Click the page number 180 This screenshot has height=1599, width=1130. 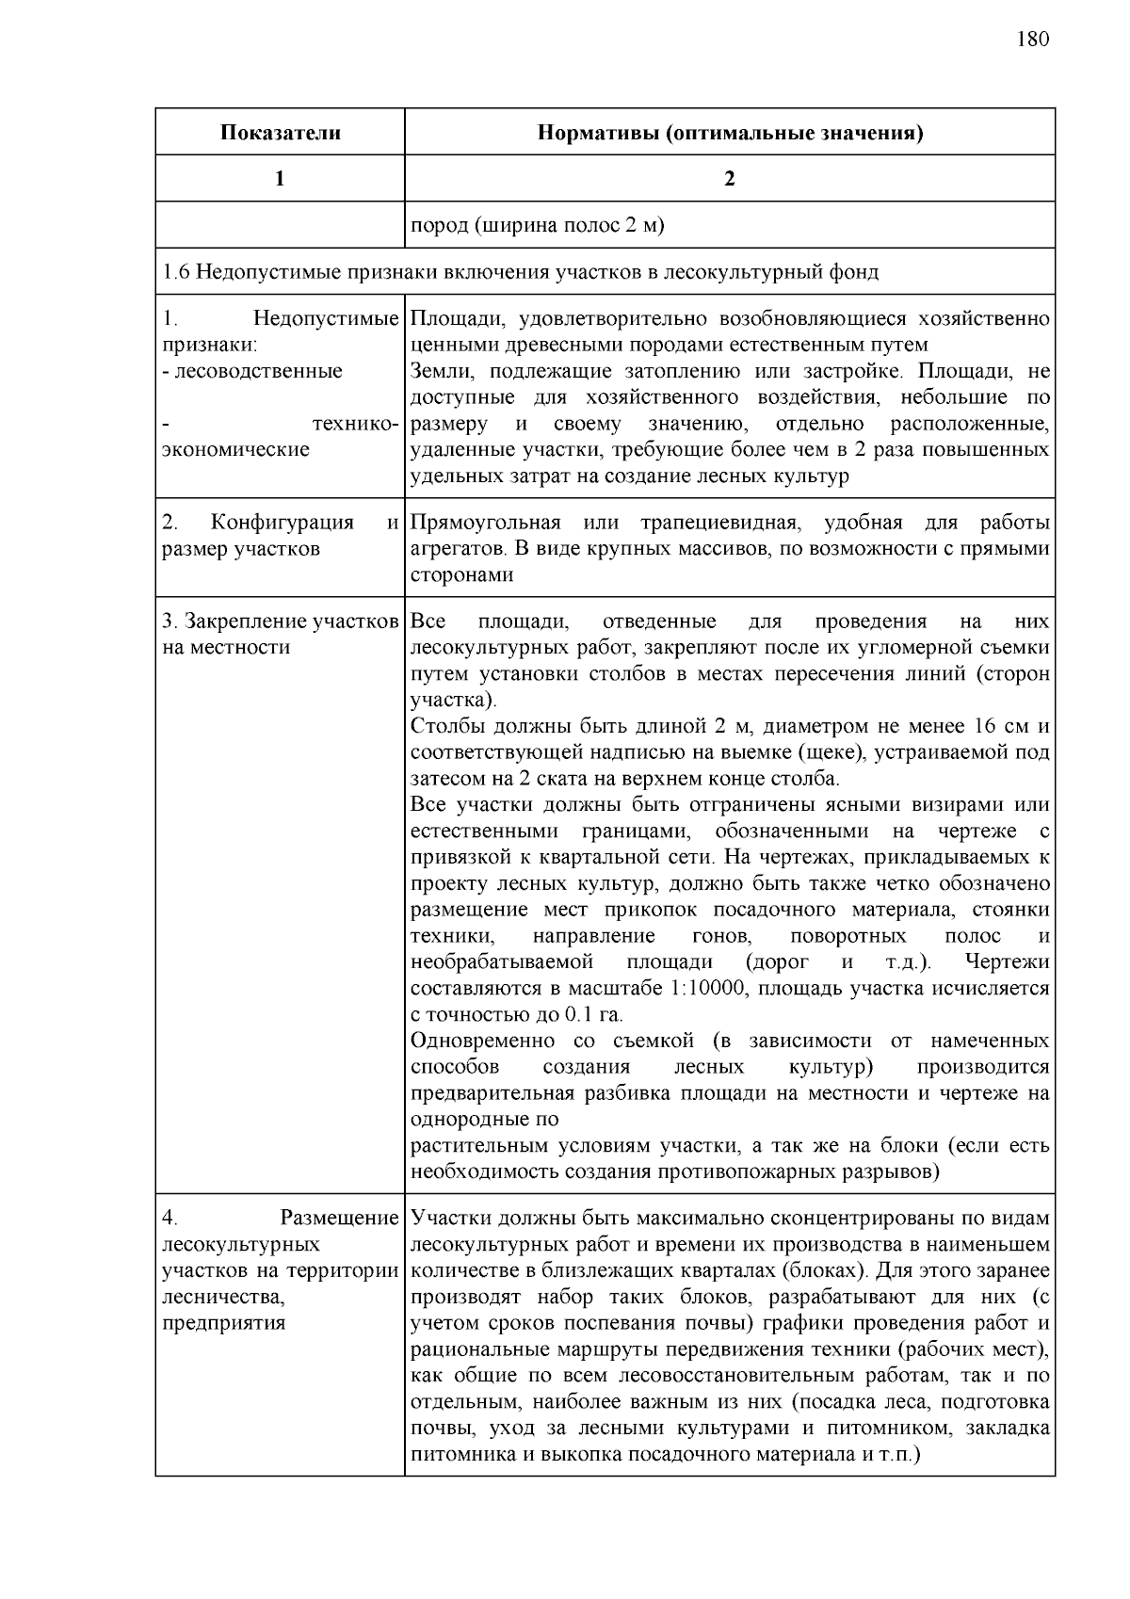coord(1032,39)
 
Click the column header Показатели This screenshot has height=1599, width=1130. coord(280,133)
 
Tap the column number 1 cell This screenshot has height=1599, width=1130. coord(280,179)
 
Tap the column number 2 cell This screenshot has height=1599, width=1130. coord(729,179)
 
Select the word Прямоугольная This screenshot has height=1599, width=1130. coord(486,523)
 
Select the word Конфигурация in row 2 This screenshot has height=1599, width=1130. coord(282,523)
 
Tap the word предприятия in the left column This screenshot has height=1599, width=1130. coord(223,1323)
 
